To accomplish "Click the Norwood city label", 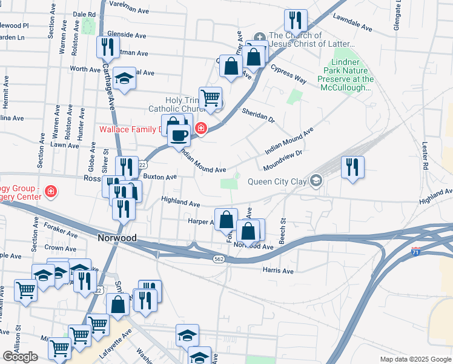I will point(117,238).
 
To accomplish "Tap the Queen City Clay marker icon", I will point(316,181).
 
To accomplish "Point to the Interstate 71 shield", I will point(415,251).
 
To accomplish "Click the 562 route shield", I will point(219,258).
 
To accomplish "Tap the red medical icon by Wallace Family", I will point(200,129).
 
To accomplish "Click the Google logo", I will point(20,357).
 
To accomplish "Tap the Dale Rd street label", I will point(84,14).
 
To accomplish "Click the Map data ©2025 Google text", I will point(415,359).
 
